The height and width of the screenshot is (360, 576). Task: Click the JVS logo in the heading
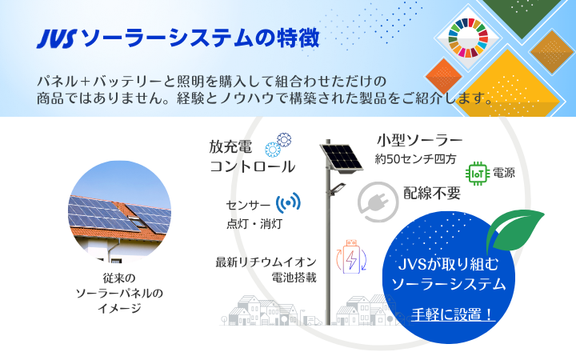click(x=57, y=39)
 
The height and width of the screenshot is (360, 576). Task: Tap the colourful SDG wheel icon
click(x=468, y=38)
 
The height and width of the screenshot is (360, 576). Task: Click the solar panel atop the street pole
click(x=342, y=158)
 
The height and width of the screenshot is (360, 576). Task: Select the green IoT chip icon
click(x=478, y=174)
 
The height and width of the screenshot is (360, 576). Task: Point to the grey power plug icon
click(x=378, y=202)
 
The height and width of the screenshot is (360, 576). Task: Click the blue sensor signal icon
click(x=288, y=202)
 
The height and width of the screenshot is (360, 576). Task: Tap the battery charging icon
click(x=351, y=257)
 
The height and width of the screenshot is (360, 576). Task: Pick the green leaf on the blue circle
click(x=514, y=230)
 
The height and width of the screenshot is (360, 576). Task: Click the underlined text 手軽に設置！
click(x=453, y=314)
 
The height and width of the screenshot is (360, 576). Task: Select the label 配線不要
click(x=432, y=193)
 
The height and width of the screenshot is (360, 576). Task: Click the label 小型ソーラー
click(x=419, y=140)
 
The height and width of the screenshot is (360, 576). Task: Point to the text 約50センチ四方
click(x=415, y=159)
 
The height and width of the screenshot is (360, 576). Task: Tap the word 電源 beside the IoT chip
click(x=504, y=173)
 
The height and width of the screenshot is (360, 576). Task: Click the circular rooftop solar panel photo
click(x=119, y=212)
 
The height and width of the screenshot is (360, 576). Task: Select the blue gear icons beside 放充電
click(x=278, y=145)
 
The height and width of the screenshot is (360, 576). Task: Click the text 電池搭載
click(x=294, y=278)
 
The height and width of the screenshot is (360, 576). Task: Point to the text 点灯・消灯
click(x=254, y=223)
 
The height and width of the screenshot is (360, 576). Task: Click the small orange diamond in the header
click(x=443, y=76)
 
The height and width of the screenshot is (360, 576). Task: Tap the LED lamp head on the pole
click(x=338, y=189)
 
